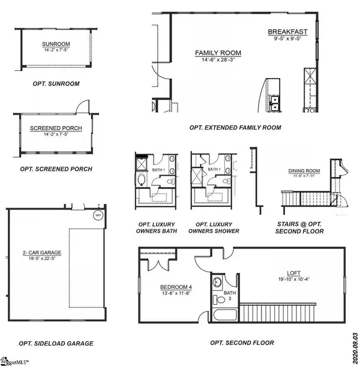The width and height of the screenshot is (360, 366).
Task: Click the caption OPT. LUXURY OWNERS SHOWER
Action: click(214, 227)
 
